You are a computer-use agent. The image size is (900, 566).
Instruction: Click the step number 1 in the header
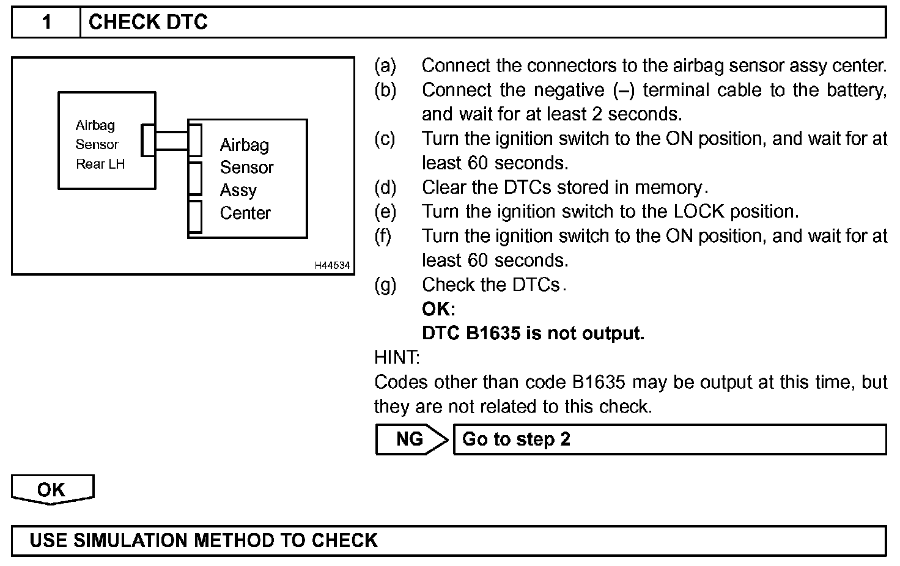[x=46, y=23]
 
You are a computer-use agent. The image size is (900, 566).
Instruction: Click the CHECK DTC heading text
[x=148, y=23]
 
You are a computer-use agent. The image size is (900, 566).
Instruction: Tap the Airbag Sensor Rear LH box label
[x=100, y=144]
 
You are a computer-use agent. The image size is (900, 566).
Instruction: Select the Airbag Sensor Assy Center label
[x=246, y=178]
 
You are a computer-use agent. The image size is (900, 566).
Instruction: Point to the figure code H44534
[x=332, y=265]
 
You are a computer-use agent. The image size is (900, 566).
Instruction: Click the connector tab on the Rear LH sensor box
[x=148, y=140]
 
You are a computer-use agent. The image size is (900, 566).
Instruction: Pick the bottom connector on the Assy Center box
[x=195, y=216]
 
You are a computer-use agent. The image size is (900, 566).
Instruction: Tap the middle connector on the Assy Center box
[x=195, y=178]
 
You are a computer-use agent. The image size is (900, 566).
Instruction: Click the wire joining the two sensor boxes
[x=172, y=140]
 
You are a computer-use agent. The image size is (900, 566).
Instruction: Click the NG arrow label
[x=410, y=439]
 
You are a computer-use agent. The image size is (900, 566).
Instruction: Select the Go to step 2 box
[x=669, y=439]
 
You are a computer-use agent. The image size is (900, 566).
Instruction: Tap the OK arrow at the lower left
[x=52, y=490]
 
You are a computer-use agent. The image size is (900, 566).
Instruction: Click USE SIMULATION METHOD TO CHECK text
[x=204, y=540]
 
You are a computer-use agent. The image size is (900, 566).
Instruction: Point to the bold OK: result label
[x=438, y=309]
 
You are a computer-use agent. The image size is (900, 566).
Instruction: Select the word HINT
[x=397, y=357]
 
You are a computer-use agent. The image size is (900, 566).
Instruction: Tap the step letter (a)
[x=385, y=65]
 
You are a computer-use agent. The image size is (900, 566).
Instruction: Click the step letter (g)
[x=385, y=285]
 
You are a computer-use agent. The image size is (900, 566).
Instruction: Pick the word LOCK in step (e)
[x=699, y=211]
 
